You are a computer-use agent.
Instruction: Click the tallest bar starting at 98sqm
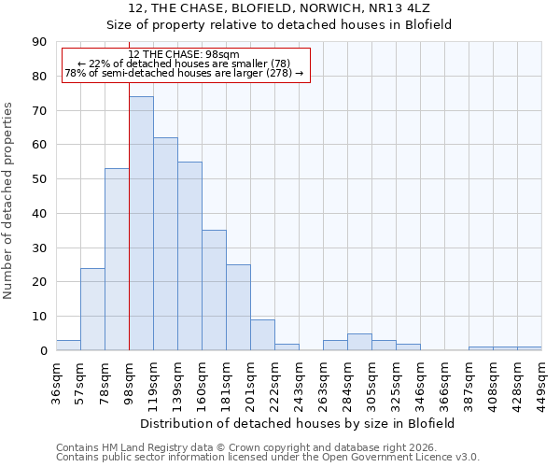(x=141, y=223)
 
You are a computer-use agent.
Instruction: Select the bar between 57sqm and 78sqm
(x=92, y=309)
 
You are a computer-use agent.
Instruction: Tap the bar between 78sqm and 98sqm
(x=117, y=260)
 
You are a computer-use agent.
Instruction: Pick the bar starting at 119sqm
(x=165, y=244)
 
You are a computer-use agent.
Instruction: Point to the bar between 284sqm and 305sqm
(x=359, y=342)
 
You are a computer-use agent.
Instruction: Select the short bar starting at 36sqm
(x=68, y=346)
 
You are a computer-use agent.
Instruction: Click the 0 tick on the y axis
(x=44, y=350)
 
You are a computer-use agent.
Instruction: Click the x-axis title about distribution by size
(x=299, y=423)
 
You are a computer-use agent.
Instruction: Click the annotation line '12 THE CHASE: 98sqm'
(x=184, y=55)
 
